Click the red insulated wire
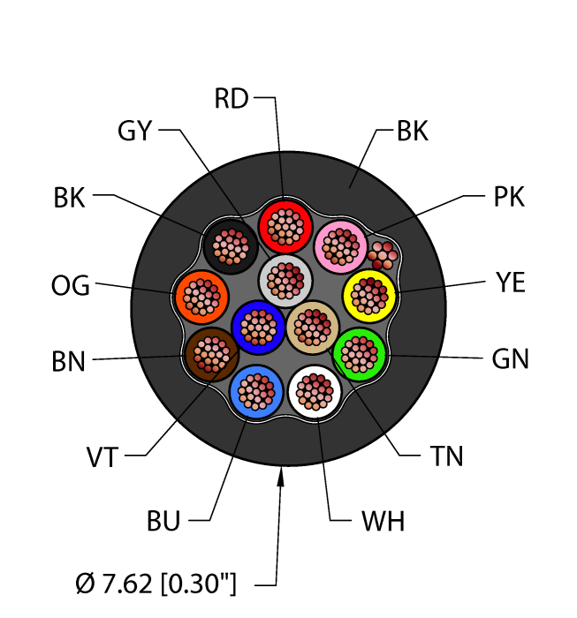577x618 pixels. [285, 227]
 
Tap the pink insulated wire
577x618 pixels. [340, 247]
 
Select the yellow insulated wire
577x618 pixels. [369, 296]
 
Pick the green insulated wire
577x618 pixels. [360, 355]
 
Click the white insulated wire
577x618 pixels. [315, 392]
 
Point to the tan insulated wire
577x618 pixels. [313, 328]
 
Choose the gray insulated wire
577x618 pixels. [285, 281]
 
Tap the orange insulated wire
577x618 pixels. [201, 298]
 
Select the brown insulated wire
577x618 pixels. [211, 354]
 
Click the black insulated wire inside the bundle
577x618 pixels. [231, 247]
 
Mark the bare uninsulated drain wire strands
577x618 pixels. [383, 255]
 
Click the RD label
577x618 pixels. [232, 99]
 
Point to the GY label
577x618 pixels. [135, 131]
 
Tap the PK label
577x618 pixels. [509, 197]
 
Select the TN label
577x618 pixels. [446, 456]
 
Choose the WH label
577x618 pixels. [383, 521]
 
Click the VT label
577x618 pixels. [102, 457]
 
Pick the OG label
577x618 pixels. [71, 285]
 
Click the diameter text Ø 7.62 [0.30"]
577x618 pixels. [156, 584]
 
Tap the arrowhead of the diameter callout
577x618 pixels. [280, 477]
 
